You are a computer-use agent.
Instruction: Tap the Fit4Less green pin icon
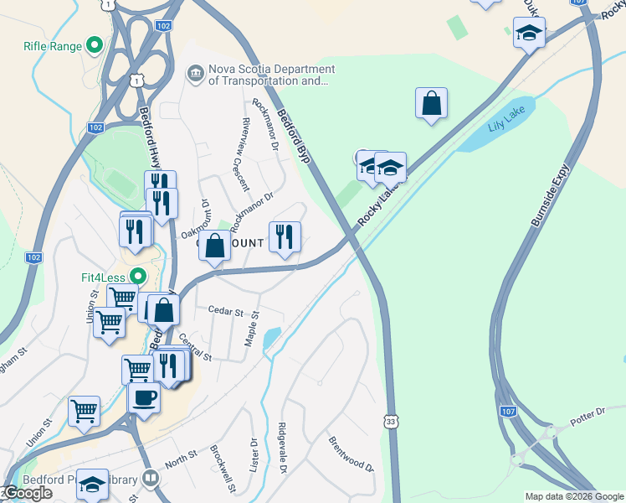(x=139, y=275)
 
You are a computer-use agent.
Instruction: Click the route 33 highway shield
(x=392, y=421)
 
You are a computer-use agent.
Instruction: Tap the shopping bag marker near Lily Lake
(x=431, y=104)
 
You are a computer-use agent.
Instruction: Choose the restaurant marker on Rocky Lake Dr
(x=285, y=237)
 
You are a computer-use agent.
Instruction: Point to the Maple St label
(x=252, y=329)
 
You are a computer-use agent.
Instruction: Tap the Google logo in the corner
(x=28, y=494)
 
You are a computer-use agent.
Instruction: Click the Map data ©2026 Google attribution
(x=575, y=496)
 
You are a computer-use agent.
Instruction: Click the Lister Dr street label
(x=254, y=454)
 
